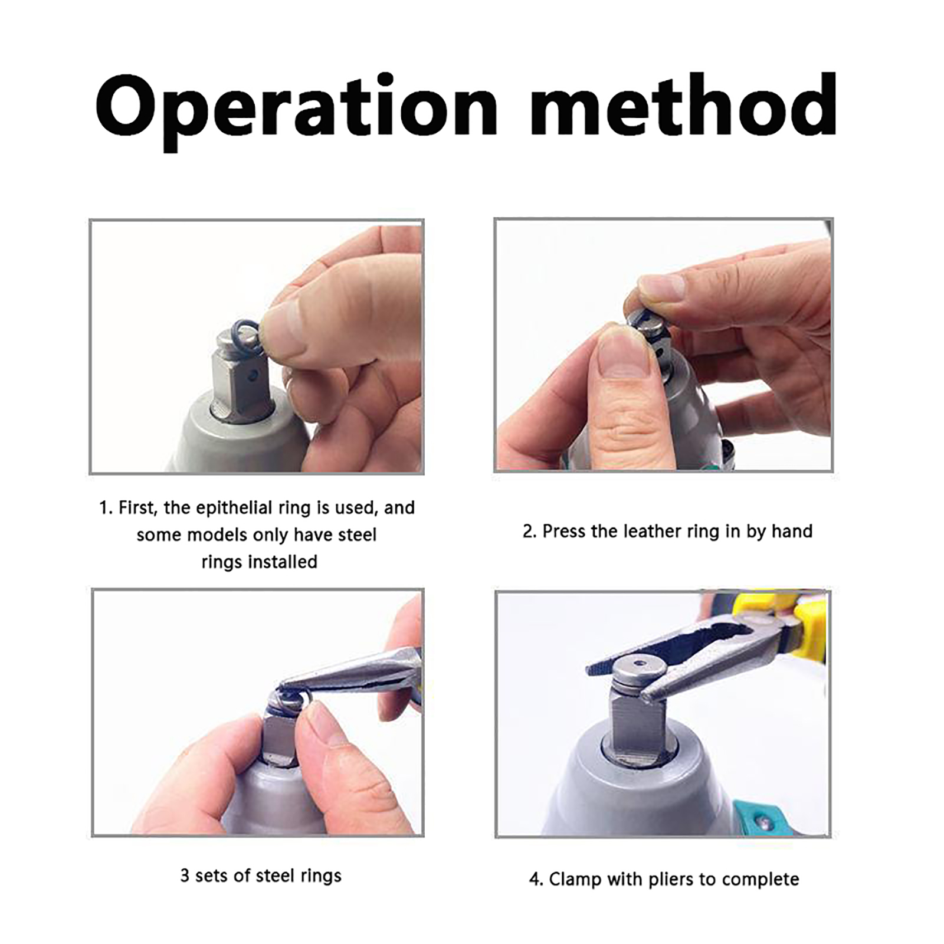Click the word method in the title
pos(683,105)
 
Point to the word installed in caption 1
pos(259,562)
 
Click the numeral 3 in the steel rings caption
pos(185,876)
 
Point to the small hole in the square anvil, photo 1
pos(253,375)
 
